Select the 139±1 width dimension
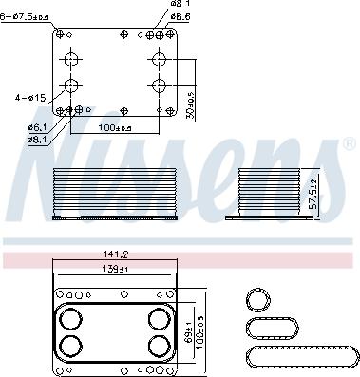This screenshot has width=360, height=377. point(117,270)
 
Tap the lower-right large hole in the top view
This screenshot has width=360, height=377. point(158,86)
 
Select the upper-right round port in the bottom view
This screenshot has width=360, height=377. point(157,318)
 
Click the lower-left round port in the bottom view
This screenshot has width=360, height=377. point(70,344)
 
